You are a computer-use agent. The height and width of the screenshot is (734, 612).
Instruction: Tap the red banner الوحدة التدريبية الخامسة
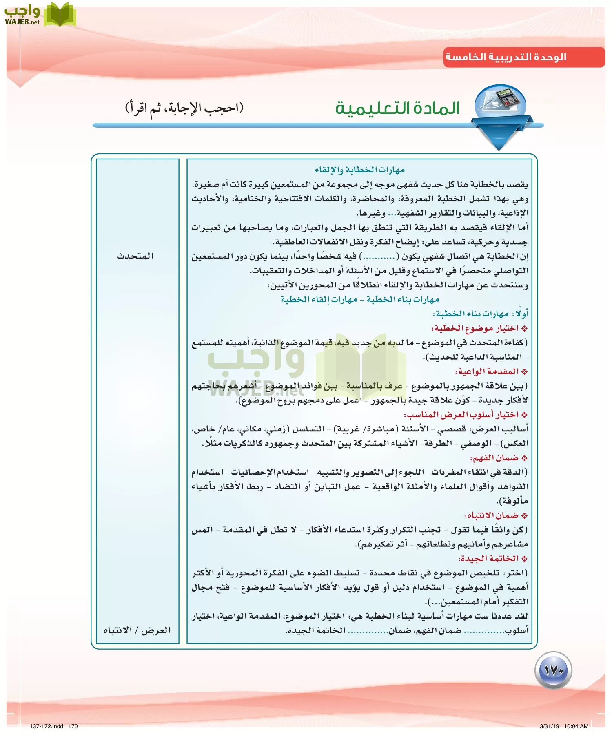506,57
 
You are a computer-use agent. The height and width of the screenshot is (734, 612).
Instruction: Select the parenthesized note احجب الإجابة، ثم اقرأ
184,108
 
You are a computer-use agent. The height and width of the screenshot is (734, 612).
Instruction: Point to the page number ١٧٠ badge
553,670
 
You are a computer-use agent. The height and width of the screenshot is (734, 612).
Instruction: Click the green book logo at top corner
60,15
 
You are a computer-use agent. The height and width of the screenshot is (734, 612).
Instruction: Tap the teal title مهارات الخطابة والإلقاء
359,170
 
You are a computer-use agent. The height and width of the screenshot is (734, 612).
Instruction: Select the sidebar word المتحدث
135,256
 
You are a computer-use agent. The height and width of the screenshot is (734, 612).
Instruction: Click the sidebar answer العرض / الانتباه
137,630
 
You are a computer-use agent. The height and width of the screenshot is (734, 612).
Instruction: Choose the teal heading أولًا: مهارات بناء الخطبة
480,314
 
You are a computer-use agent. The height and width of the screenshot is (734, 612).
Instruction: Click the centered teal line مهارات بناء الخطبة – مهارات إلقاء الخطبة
359,299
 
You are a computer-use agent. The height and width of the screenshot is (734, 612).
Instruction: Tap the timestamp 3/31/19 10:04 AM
564,726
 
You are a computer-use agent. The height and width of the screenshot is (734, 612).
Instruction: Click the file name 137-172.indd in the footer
47,726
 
